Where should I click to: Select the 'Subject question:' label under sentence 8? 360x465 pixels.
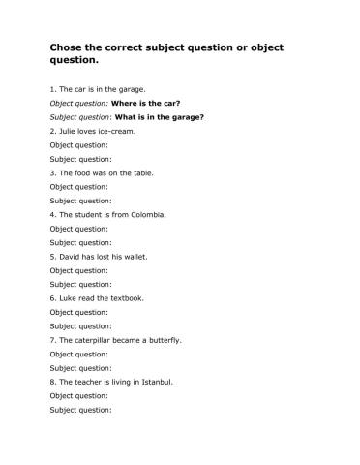pos(80,410)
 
